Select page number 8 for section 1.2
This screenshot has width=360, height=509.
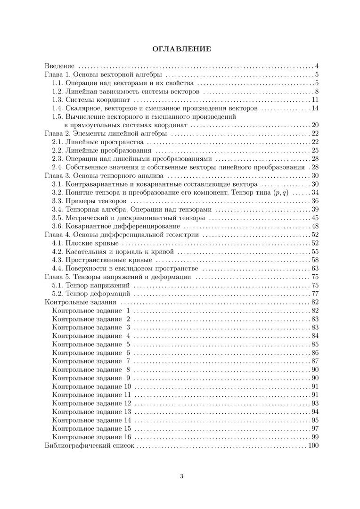tap(318, 91)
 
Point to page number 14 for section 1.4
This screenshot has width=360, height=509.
tap(315, 108)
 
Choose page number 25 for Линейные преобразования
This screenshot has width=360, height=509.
tap(315, 151)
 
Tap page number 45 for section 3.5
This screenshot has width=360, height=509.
tap(315, 218)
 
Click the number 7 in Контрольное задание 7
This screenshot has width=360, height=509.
tap(128, 361)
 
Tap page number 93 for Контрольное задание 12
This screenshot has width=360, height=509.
tap(315, 403)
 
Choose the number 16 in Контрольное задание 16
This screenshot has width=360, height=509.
tap(127, 437)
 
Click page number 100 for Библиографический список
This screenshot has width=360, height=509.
tap(313, 446)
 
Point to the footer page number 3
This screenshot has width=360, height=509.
tap(181, 476)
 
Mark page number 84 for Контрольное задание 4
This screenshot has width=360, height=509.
tap(315, 336)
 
